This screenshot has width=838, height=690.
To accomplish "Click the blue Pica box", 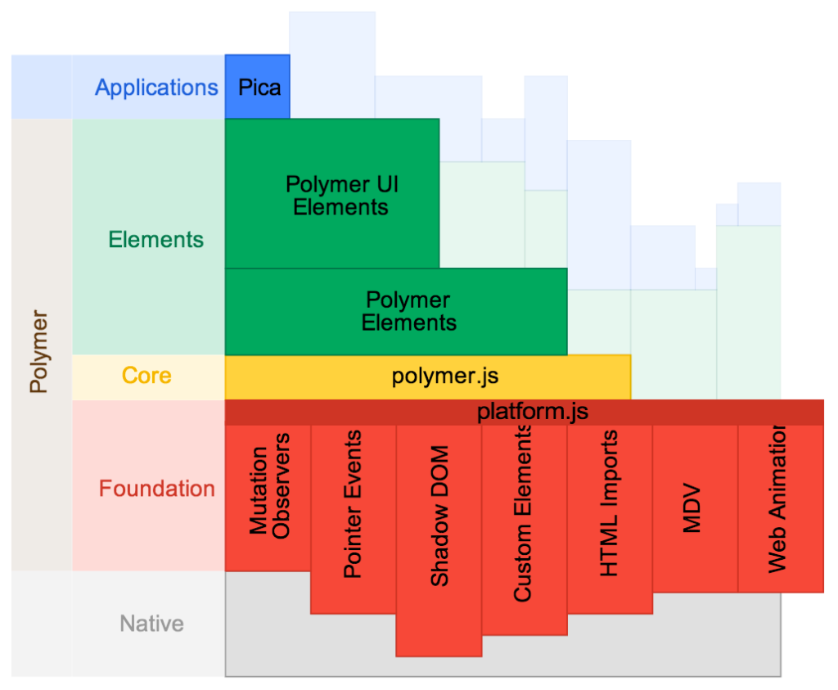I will (x=258, y=87).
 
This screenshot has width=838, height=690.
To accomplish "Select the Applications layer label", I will (x=156, y=88).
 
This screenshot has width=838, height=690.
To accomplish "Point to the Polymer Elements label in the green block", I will (x=408, y=311).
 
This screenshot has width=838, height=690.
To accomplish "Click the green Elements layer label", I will (x=155, y=240).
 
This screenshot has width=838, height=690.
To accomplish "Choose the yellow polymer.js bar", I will (x=444, y=377).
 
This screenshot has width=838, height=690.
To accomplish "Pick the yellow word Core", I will (x=146, y=376).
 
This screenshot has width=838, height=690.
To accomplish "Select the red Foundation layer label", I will (x=156, y=489).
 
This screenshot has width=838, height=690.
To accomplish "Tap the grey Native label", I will (x=151, y=624).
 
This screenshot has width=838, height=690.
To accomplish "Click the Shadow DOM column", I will (x=439, y=516).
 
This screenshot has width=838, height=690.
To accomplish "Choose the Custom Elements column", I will (x=524, y=516).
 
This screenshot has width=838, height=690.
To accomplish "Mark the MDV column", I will (x=693, y=507).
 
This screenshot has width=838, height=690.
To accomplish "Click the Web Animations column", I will (x=777, y=499).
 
